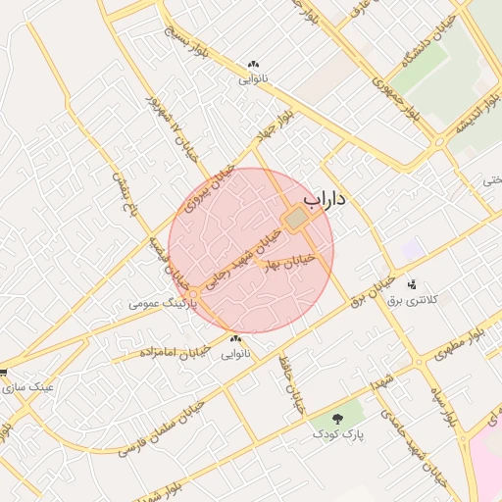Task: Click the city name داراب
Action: (x=325, y=199)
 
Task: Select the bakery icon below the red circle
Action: (x=235, y=339)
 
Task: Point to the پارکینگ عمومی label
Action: (x=163, y=304)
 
